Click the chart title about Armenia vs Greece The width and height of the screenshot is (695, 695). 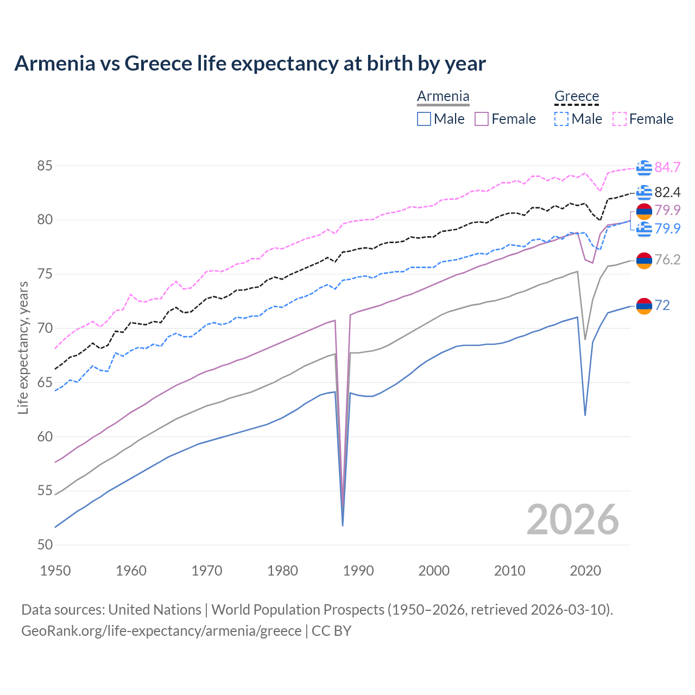(x=250, y=64)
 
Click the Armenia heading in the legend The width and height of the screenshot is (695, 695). (x=443, y=96)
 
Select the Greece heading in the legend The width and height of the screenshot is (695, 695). (x=576, y=96)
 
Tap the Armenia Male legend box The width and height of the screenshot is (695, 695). (x=424, y=119)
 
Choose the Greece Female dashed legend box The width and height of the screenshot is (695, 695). (x=620, y=119)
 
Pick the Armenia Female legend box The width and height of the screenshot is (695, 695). (x=482, y=119)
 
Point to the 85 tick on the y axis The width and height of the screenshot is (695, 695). (x=45, y=166)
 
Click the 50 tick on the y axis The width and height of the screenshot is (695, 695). (x=45, y=545)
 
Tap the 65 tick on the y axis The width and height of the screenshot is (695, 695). (x=45, y=382)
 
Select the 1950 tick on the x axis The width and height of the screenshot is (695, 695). (x=55, y=571)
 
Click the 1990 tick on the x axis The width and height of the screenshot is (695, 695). (x=358, y=571)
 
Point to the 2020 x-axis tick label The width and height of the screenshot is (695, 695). (x=585, y=571)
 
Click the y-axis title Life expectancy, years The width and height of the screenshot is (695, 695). (x=23, y=347)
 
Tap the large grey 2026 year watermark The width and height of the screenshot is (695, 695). (x=573, y=520)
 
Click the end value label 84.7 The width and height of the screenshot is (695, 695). (x=667, y=167)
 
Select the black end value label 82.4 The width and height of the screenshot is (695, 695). (x=667, y=192)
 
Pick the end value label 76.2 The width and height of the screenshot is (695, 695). (x=667, y=260)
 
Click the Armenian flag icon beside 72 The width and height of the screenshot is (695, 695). (x=644, y=306)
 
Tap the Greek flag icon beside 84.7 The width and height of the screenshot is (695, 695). (x=644, y=168)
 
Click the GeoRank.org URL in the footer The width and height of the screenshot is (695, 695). (x=161, y=630)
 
